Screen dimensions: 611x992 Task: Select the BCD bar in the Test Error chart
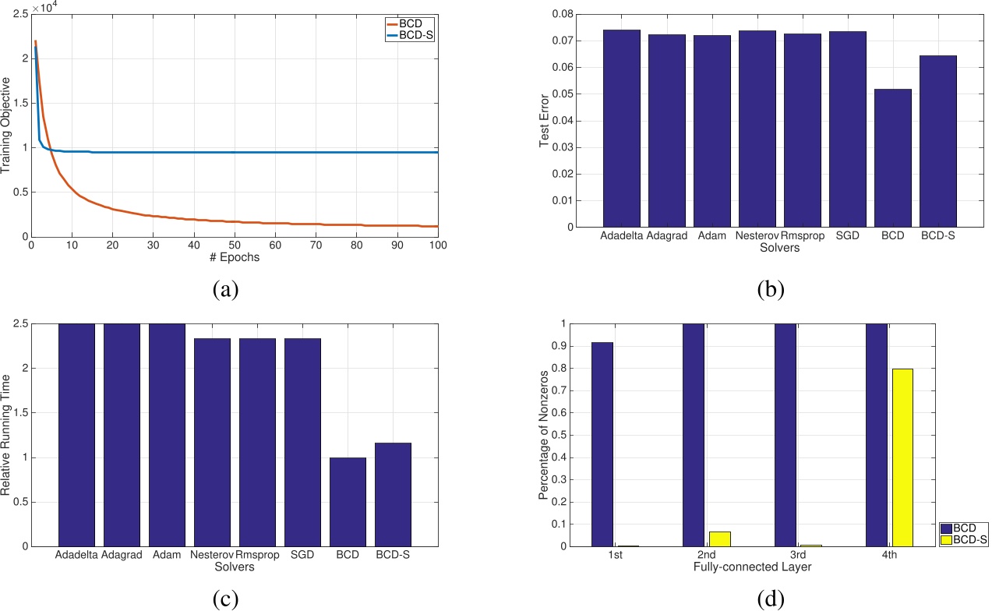892,157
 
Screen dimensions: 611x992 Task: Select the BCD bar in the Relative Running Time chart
348,502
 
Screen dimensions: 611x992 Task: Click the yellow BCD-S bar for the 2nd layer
719,539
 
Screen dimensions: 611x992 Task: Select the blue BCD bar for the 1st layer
602,444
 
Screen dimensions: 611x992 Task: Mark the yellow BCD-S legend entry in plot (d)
964,539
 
